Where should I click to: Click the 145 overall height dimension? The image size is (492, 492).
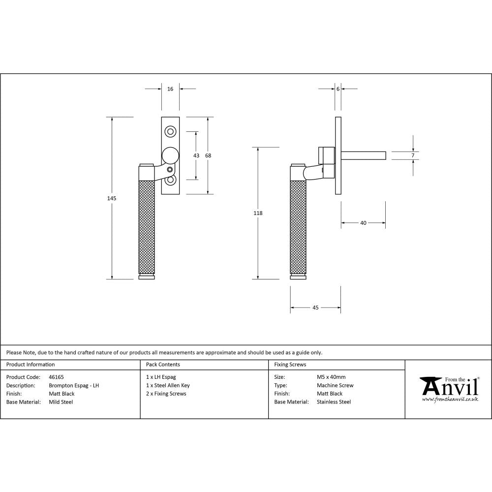coord(112,198)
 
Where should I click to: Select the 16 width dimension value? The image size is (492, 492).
coord(170,89)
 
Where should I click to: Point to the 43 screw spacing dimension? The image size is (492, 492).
coord(196,155)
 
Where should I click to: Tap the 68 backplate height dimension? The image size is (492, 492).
coord(208,155)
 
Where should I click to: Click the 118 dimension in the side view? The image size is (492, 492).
coord(258,213)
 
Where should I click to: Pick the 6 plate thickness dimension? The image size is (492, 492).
coord(338,89)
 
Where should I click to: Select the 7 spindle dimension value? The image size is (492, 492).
coord(413,155)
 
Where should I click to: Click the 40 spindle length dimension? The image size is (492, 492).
coord(363,223)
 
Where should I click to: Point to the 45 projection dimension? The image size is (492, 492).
coord(315,307)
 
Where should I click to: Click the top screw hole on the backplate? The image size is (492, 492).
coord(171,131)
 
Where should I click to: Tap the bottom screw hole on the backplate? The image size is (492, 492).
coord(171,180)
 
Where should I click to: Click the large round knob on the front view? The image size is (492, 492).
coord(171,155)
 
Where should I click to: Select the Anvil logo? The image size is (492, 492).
coord(449,389)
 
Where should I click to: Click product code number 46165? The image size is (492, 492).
coord(57,377)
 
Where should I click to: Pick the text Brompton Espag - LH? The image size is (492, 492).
coord(74,386)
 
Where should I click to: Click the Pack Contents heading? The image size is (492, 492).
coord(163,365)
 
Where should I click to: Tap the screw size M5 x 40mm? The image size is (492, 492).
coord(331,377)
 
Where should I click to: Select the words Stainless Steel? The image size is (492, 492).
coord(334,402)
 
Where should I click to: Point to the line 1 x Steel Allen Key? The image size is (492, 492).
coord(168,386)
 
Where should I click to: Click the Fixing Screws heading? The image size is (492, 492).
coord(290,365)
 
